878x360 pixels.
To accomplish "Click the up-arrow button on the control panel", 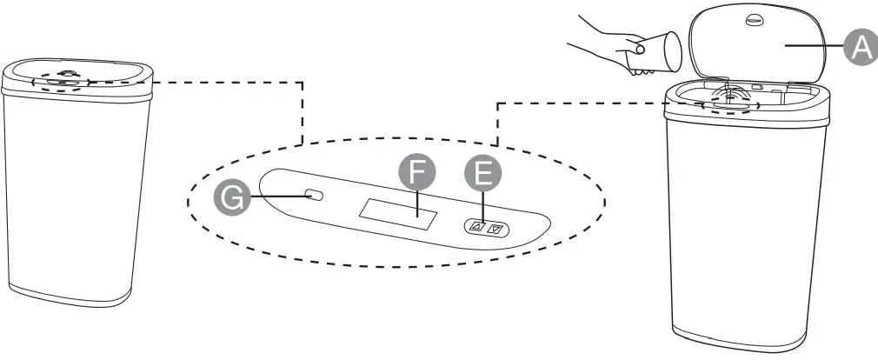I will tap(476, 228).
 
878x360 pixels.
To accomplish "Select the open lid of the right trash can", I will tap(756, 48).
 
